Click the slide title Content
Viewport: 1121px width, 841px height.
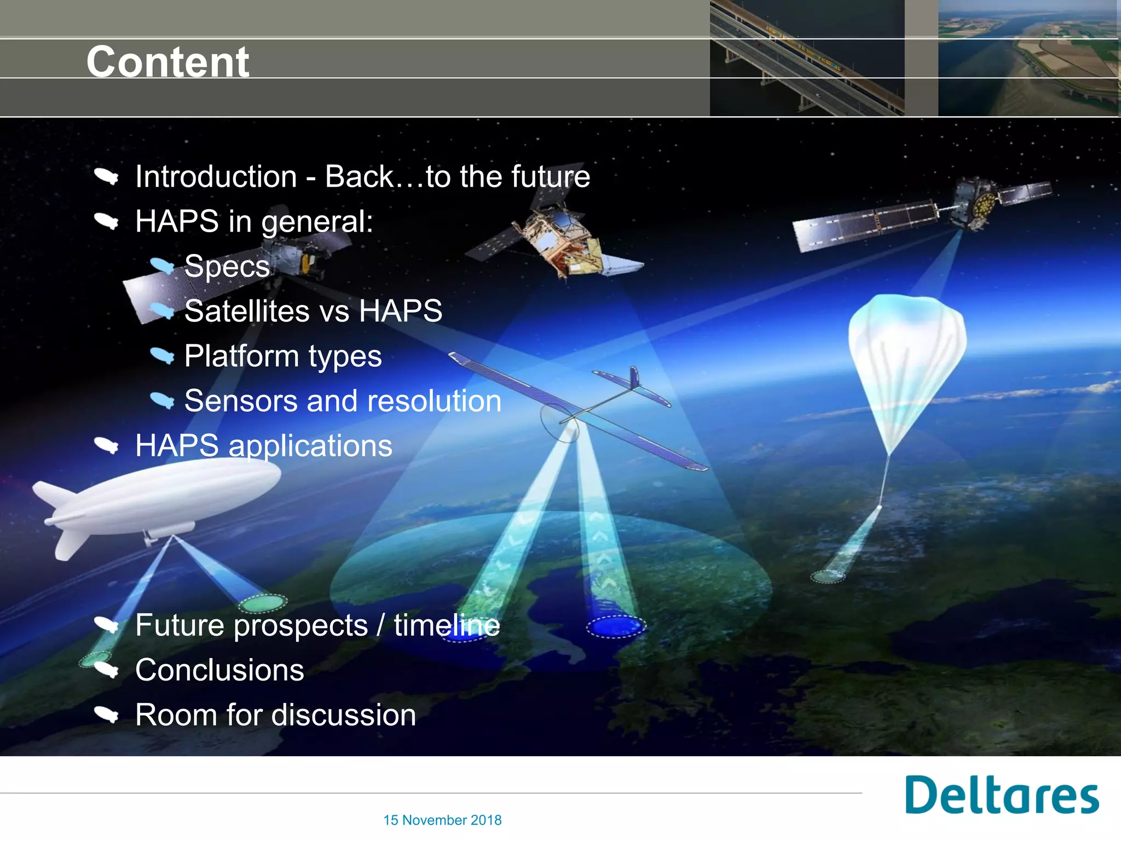[x=167, y=62]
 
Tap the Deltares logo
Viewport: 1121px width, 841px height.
[x=1001, y=795]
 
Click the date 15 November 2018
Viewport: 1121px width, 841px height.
[x=442, y=820]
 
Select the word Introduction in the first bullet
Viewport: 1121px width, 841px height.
[x=216, y=177]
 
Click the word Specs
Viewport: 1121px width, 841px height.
[x=227, y=267]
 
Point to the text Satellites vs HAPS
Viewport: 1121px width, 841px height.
[x=313, y=311]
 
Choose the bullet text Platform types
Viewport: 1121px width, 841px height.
[x=282, y=356]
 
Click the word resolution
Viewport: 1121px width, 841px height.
[x=431, y=401]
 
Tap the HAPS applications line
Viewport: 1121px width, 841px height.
[x=263, y=446]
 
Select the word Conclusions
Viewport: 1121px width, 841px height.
[x=219, y=670]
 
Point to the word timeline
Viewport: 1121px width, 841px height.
[x=447, y=625]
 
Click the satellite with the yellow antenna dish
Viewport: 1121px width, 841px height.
[x=980, y=203]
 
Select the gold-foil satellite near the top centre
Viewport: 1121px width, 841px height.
[x=564, y=241]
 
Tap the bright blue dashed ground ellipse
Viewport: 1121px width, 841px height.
[x=616, y=626]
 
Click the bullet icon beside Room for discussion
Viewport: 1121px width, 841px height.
[x=106, y=715]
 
